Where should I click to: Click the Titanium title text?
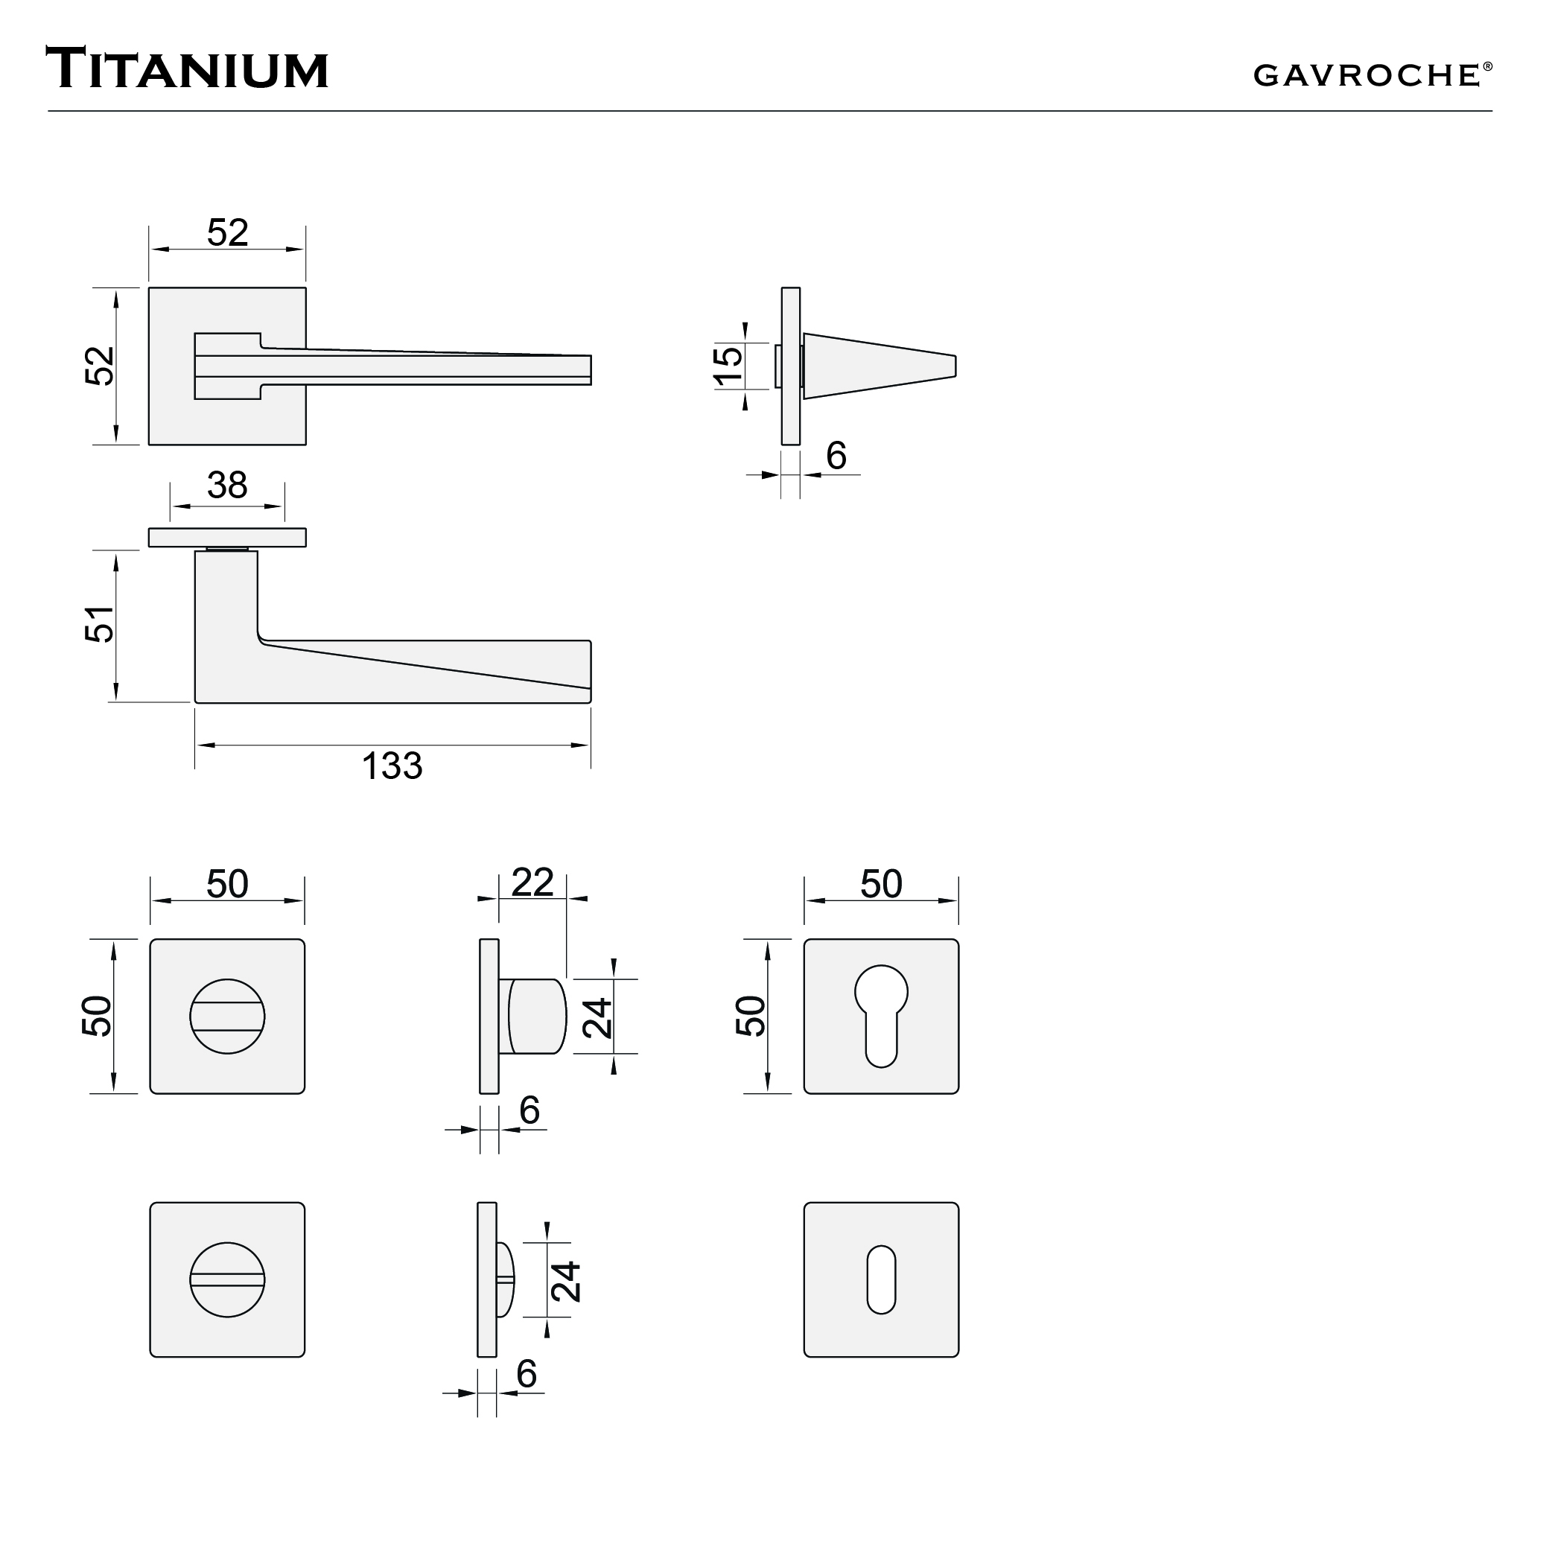coord(187,69)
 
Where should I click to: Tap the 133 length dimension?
coord(392,766)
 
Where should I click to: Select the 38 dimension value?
coord(227,486)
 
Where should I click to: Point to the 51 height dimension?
coord(101,624)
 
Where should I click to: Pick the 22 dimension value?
coord(532,882)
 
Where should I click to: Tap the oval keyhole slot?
coord(881,1279)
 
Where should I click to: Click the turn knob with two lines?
coord(227,1017)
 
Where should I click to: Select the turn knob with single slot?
coord(227,1279)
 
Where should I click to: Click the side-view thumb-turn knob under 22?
coord(535,1017)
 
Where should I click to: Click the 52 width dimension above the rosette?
coord(227,233)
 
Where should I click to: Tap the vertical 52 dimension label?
coord(101,366)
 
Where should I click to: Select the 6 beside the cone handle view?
coord(836,457)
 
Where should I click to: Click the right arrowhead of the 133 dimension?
coord(580,745)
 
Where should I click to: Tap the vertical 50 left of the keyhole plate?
coord(751,1017)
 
